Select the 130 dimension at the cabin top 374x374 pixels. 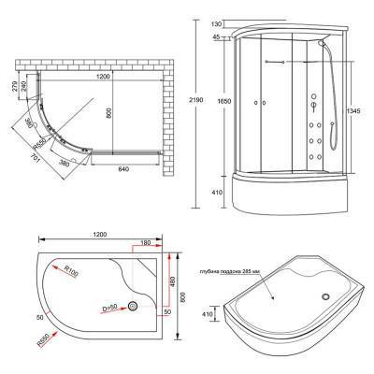pyautogui.click(x=218, y=23)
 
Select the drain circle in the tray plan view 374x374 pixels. pyautogui.click(x=134, y=306)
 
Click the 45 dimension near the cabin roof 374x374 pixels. pyautogui.click(x=217, y=37)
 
